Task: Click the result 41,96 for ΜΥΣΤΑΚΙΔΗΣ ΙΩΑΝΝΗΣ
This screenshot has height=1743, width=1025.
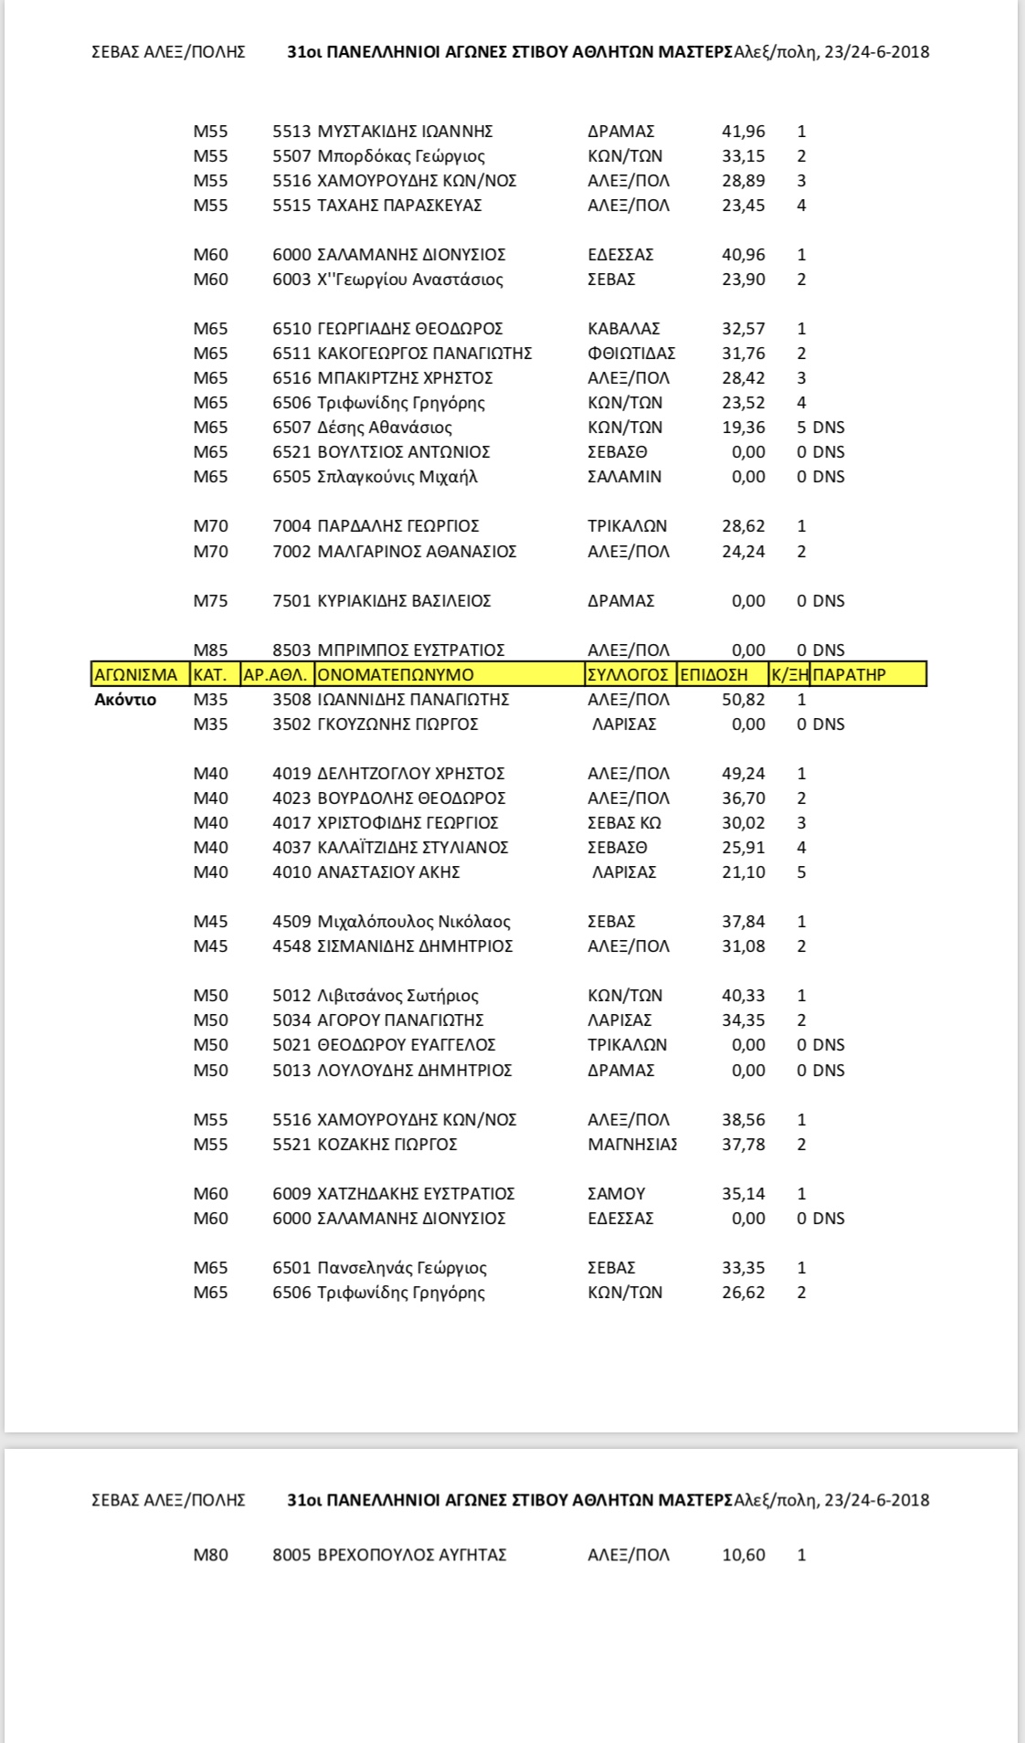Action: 743,132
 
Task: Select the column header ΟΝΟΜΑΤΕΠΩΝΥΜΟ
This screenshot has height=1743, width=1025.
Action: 396,675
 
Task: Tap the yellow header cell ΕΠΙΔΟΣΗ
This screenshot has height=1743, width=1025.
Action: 713,675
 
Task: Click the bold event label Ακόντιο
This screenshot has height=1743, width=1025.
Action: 125,700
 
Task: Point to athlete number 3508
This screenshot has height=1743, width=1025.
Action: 291,700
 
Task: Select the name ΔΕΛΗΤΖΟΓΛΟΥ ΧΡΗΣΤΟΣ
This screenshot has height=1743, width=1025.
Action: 410,774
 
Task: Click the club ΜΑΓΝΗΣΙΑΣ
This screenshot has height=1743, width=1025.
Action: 632,1145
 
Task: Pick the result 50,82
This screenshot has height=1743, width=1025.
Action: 743,700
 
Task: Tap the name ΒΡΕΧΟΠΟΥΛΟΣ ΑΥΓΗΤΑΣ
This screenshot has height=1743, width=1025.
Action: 411,1555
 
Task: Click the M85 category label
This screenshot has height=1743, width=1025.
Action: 210,650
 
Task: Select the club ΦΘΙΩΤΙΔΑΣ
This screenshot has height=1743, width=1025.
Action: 631,354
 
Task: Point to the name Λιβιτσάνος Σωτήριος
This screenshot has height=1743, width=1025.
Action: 397,996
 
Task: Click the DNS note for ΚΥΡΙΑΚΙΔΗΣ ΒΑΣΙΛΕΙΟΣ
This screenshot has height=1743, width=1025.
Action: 828,601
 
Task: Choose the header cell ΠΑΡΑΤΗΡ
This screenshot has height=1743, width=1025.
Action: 849,675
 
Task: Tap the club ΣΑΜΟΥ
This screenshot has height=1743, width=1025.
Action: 616,1194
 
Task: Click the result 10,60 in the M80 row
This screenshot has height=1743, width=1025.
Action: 743,1555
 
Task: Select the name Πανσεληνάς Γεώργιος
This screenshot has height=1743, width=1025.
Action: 401,1268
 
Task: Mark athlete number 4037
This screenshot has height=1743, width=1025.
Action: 291,848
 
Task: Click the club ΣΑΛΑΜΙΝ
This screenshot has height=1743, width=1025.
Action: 624,477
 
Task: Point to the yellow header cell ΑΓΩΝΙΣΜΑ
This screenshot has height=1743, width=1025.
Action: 135,675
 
